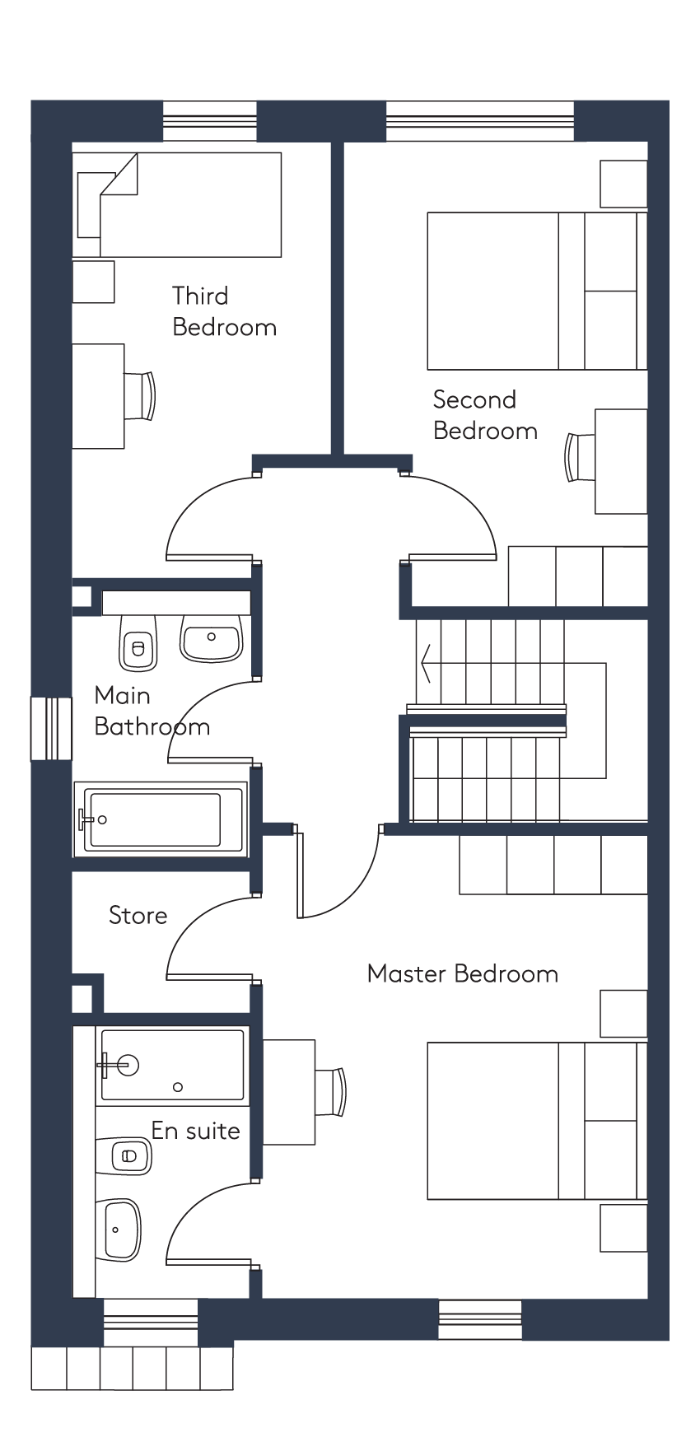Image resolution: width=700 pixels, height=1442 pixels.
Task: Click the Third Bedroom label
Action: (x=224, y=311)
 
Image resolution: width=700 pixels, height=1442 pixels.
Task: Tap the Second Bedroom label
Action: (x=485, y=415)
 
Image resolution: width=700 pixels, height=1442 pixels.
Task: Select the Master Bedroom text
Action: (x=463, y=973)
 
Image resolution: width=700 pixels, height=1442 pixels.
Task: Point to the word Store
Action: (x=138, y=915)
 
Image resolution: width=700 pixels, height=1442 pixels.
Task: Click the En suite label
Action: (x=196, y=1131)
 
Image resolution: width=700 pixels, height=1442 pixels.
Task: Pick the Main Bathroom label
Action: (x=152, y=711)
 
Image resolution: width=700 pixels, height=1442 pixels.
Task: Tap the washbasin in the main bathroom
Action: (x=211, y=637)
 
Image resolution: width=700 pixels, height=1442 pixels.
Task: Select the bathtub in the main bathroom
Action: (x=161, y=820)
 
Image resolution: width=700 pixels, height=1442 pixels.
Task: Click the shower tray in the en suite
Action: (x=172, y=1065)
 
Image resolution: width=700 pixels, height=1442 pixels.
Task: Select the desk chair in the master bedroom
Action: (x=330, y=1091)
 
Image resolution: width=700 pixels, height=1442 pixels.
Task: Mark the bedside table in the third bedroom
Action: (x=93, y=282)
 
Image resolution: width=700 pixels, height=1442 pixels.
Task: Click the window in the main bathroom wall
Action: (x=52, y=729)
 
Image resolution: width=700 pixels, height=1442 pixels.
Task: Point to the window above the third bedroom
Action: (x=210, y=121)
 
